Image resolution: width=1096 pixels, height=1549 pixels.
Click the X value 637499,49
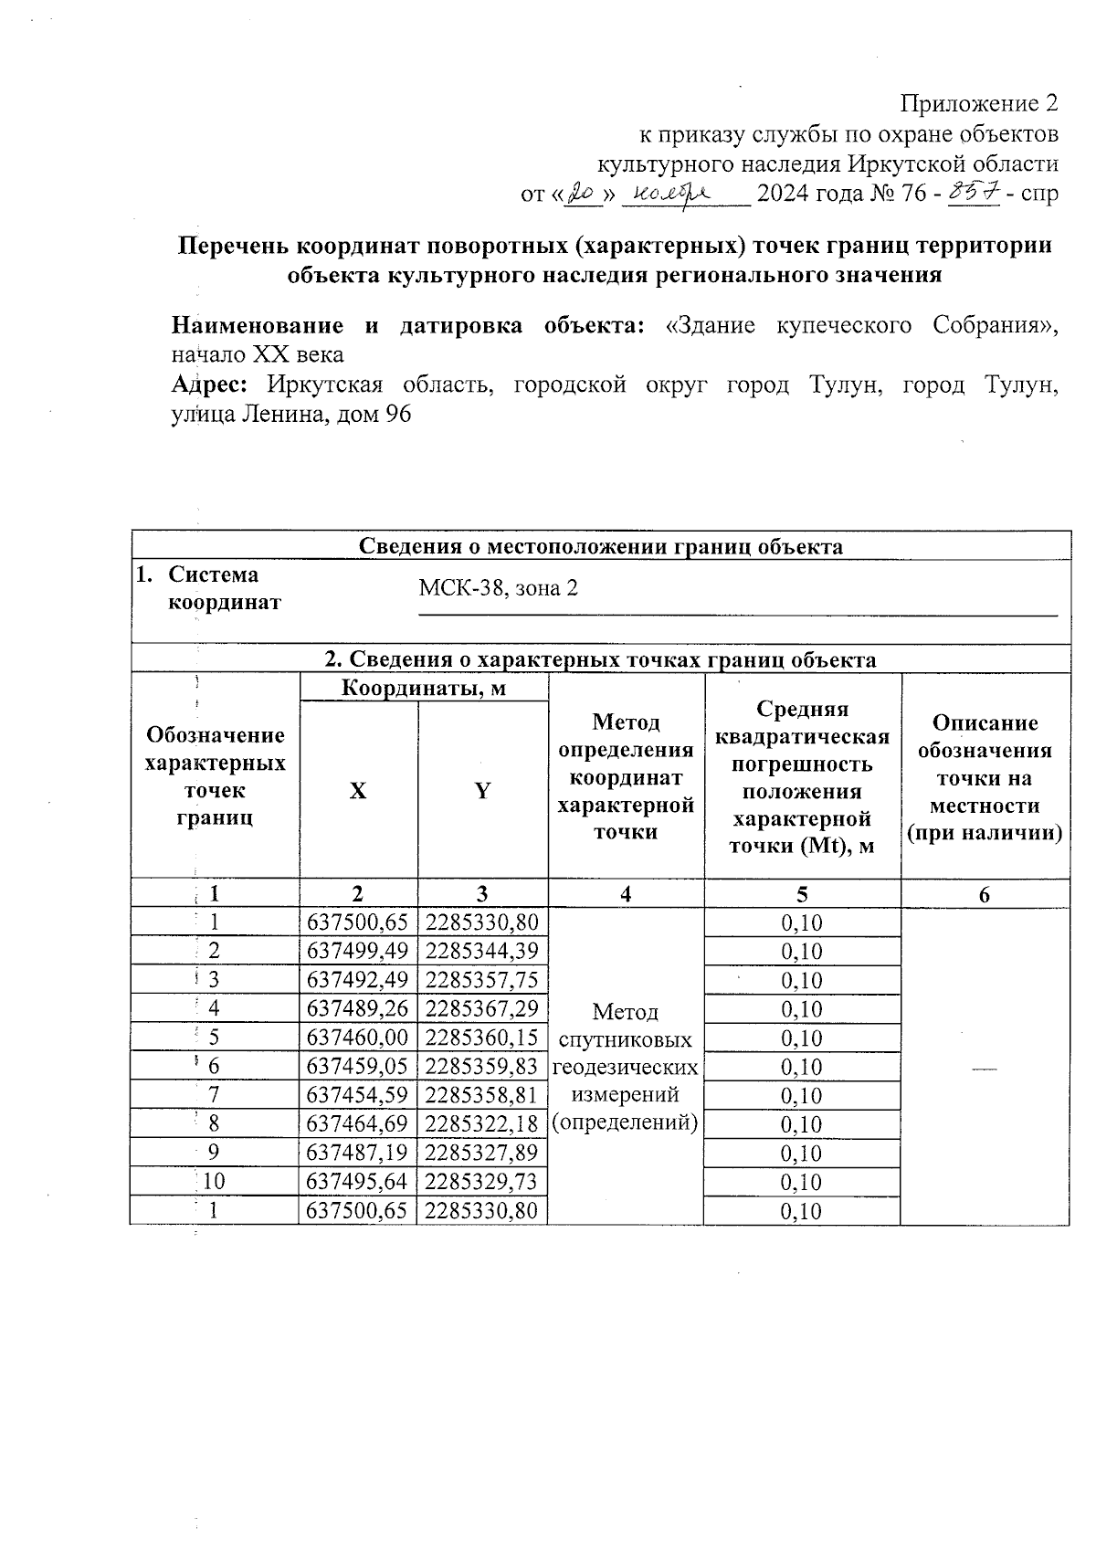358,951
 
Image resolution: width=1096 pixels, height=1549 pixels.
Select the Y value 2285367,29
482,1008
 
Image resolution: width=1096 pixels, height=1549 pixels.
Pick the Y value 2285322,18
482,1124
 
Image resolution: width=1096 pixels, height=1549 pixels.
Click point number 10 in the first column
214,1182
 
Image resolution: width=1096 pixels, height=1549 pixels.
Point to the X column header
358,791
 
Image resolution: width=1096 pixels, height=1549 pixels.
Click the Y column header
482,791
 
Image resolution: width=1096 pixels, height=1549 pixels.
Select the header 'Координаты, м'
423,687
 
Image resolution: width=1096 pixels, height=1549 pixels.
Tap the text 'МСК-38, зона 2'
498,588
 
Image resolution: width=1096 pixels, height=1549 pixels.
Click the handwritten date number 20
580,193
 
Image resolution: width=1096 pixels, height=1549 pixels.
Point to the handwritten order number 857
975,192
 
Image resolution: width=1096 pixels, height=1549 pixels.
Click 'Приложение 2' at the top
979,103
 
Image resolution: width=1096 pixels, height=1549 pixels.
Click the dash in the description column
984,1067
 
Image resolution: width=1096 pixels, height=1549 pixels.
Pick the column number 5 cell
802,894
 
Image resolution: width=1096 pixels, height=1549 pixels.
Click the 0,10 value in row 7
802,1096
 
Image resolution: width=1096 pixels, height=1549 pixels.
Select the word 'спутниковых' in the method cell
625,1039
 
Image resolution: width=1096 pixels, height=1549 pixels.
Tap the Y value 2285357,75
482,980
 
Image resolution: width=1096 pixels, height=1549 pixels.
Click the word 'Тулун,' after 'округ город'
846,385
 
